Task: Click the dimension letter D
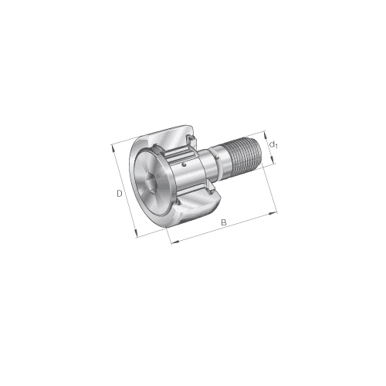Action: coord(119,194)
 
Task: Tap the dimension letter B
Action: coord(224,222)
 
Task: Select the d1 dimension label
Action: coord(273,145)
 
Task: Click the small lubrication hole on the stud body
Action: coord(184,164)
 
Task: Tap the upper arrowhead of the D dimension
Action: coord(113,148)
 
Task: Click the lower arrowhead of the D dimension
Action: coord(136,233)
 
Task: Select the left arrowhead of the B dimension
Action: coord(175,242)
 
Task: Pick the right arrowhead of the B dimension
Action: coord(273,213)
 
